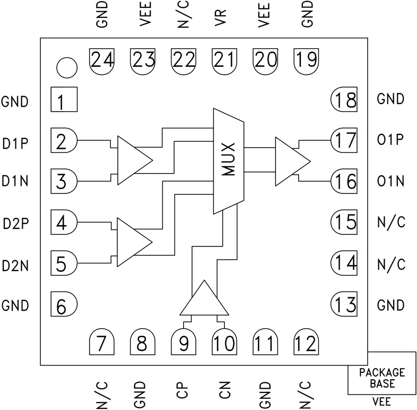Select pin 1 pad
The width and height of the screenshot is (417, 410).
pyautogui.click(x=64, y=100)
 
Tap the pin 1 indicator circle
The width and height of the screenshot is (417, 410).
pyautogui.click(x=67, y=67)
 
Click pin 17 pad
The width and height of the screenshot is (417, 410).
pyautogui.click(x=344, y=140)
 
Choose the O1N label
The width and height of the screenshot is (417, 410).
pyautogui.click(x=392, y=182)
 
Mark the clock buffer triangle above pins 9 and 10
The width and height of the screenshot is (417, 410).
pyautogui.click(x=199, y=300)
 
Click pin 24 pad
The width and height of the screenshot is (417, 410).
pyautogui.click(x=102, y=59)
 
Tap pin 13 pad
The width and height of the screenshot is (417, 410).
pyautogui.click(x=344, y=305)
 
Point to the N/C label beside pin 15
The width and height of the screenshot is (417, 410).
pyautogui.click(x=392, y=223)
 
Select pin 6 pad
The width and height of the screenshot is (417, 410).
pyautogui.click(x=64, y=305)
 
